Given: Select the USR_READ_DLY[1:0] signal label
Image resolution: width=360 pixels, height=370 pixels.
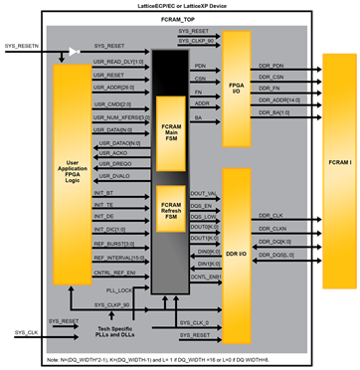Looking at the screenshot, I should pos(115,61).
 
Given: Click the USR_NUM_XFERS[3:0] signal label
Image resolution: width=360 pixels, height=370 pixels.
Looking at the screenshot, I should pos(119,116).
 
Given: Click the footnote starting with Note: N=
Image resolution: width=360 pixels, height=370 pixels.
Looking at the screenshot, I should pos(179,359).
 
